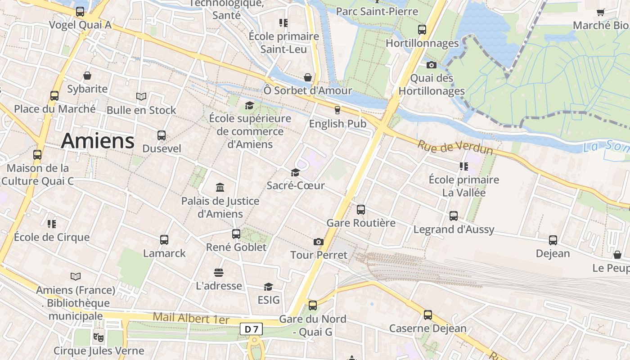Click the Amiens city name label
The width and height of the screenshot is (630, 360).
pyautogui.click(x=98, y=141)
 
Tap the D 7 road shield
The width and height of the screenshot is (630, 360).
pyautogui.click(x=251, y=329)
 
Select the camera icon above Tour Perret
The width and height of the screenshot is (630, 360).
pyautogui.click(x=319, y=242)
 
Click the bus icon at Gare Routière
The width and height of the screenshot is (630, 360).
pyautogui.click(x=361, y=209)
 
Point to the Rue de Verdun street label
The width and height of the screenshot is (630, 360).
pyautogui.click(x=455, y=148)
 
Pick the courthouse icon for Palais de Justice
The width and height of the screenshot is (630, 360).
pyautogui.click(x=220, y=187)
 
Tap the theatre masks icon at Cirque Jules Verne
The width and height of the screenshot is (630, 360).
pyautogui.click(x=99, y=337)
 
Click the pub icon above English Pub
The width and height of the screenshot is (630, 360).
pyautogui.click(x=337, y=110)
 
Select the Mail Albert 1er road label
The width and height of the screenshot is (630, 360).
pyautogui.click(x=191, y=318)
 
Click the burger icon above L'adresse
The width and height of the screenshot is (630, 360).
pyautogui.click(x=219, y=272)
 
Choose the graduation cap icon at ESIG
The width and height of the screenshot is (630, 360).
pyautogui.click(x=268, y=287)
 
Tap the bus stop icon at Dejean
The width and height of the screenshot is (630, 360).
pyautogui.click(x=553, y=240)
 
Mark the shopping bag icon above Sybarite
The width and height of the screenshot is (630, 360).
pyautogui.click(x=87, y=76)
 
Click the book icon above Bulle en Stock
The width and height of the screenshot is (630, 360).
pyautogui.click(x=141, y=96)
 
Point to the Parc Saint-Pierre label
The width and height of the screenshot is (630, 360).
pyautogui.click(x=377, y=11)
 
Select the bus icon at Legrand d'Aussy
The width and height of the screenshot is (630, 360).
pyautogui.click(x=454, y=216)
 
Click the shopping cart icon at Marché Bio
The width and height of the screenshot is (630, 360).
pyautogui.click(x=600, y=12)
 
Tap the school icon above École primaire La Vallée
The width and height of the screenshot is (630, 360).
pyautogui.click(x=464, y=166)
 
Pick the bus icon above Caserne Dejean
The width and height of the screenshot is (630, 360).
pyautogui.click(x=428, y=315)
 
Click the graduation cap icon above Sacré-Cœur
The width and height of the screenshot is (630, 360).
pyautogui.click(x=295, y=172)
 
